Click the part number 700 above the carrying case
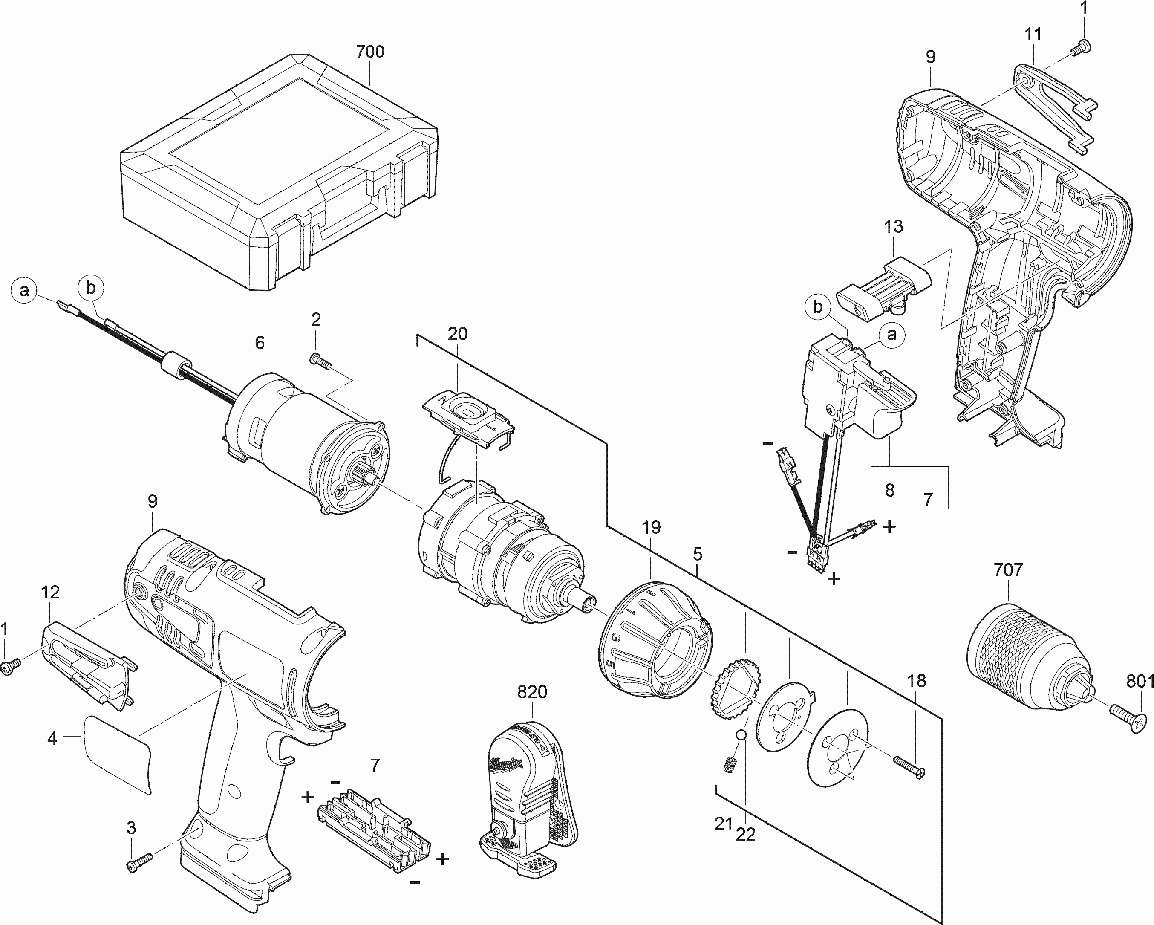[370, 52]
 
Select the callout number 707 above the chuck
[1008, 569]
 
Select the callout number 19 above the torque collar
[651, 527]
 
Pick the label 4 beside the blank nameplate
[52, 739]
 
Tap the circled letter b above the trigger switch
[817, 307]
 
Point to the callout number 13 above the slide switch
[893, 226]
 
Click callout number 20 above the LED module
[457, 334]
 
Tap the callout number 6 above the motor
[260, 343]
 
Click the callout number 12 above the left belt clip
[50, 592]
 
